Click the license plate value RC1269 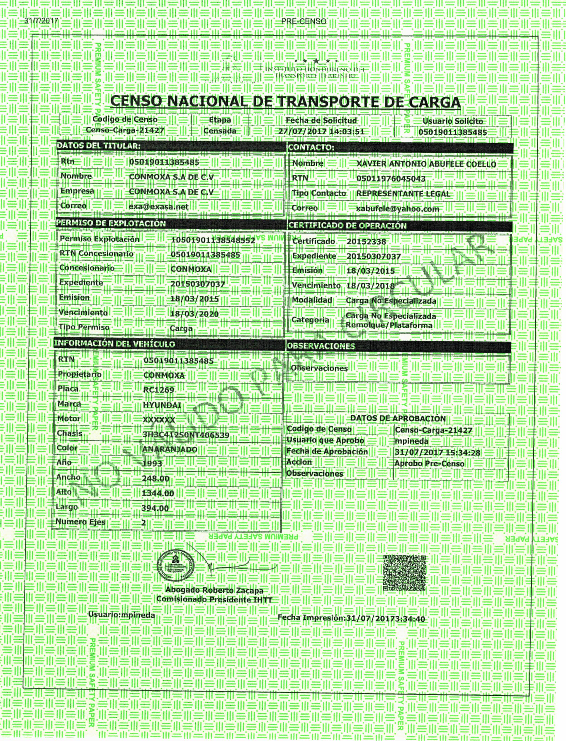159,390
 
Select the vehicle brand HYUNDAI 162,405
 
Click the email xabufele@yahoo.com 398,209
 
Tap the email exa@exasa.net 158,207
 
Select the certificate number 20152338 366,242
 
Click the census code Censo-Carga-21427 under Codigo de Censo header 125,130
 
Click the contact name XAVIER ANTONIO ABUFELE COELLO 426,164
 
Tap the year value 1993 152,464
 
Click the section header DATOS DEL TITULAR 98,146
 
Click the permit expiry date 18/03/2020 194,314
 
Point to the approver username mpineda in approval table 412,441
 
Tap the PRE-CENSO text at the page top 304,21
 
